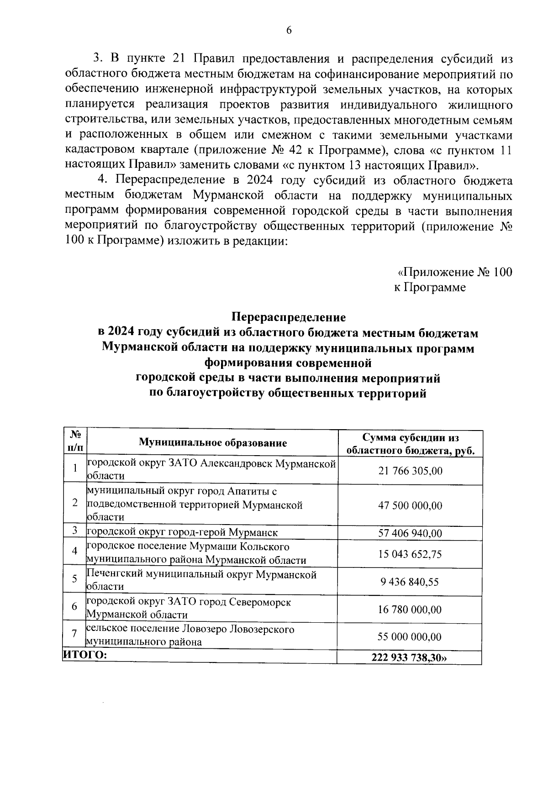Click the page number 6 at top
288,31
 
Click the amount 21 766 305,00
410,471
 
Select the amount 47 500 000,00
410,505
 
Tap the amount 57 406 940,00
410,533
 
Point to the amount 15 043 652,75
410,554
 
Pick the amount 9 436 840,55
410,582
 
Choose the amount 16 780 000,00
410,609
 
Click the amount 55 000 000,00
410,637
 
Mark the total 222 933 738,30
410,658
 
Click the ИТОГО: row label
85,656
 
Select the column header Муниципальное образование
213,443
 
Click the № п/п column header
75,442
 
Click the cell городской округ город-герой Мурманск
182,532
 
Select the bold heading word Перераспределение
288,316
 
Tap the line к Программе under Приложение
429,288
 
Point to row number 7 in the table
74,635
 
